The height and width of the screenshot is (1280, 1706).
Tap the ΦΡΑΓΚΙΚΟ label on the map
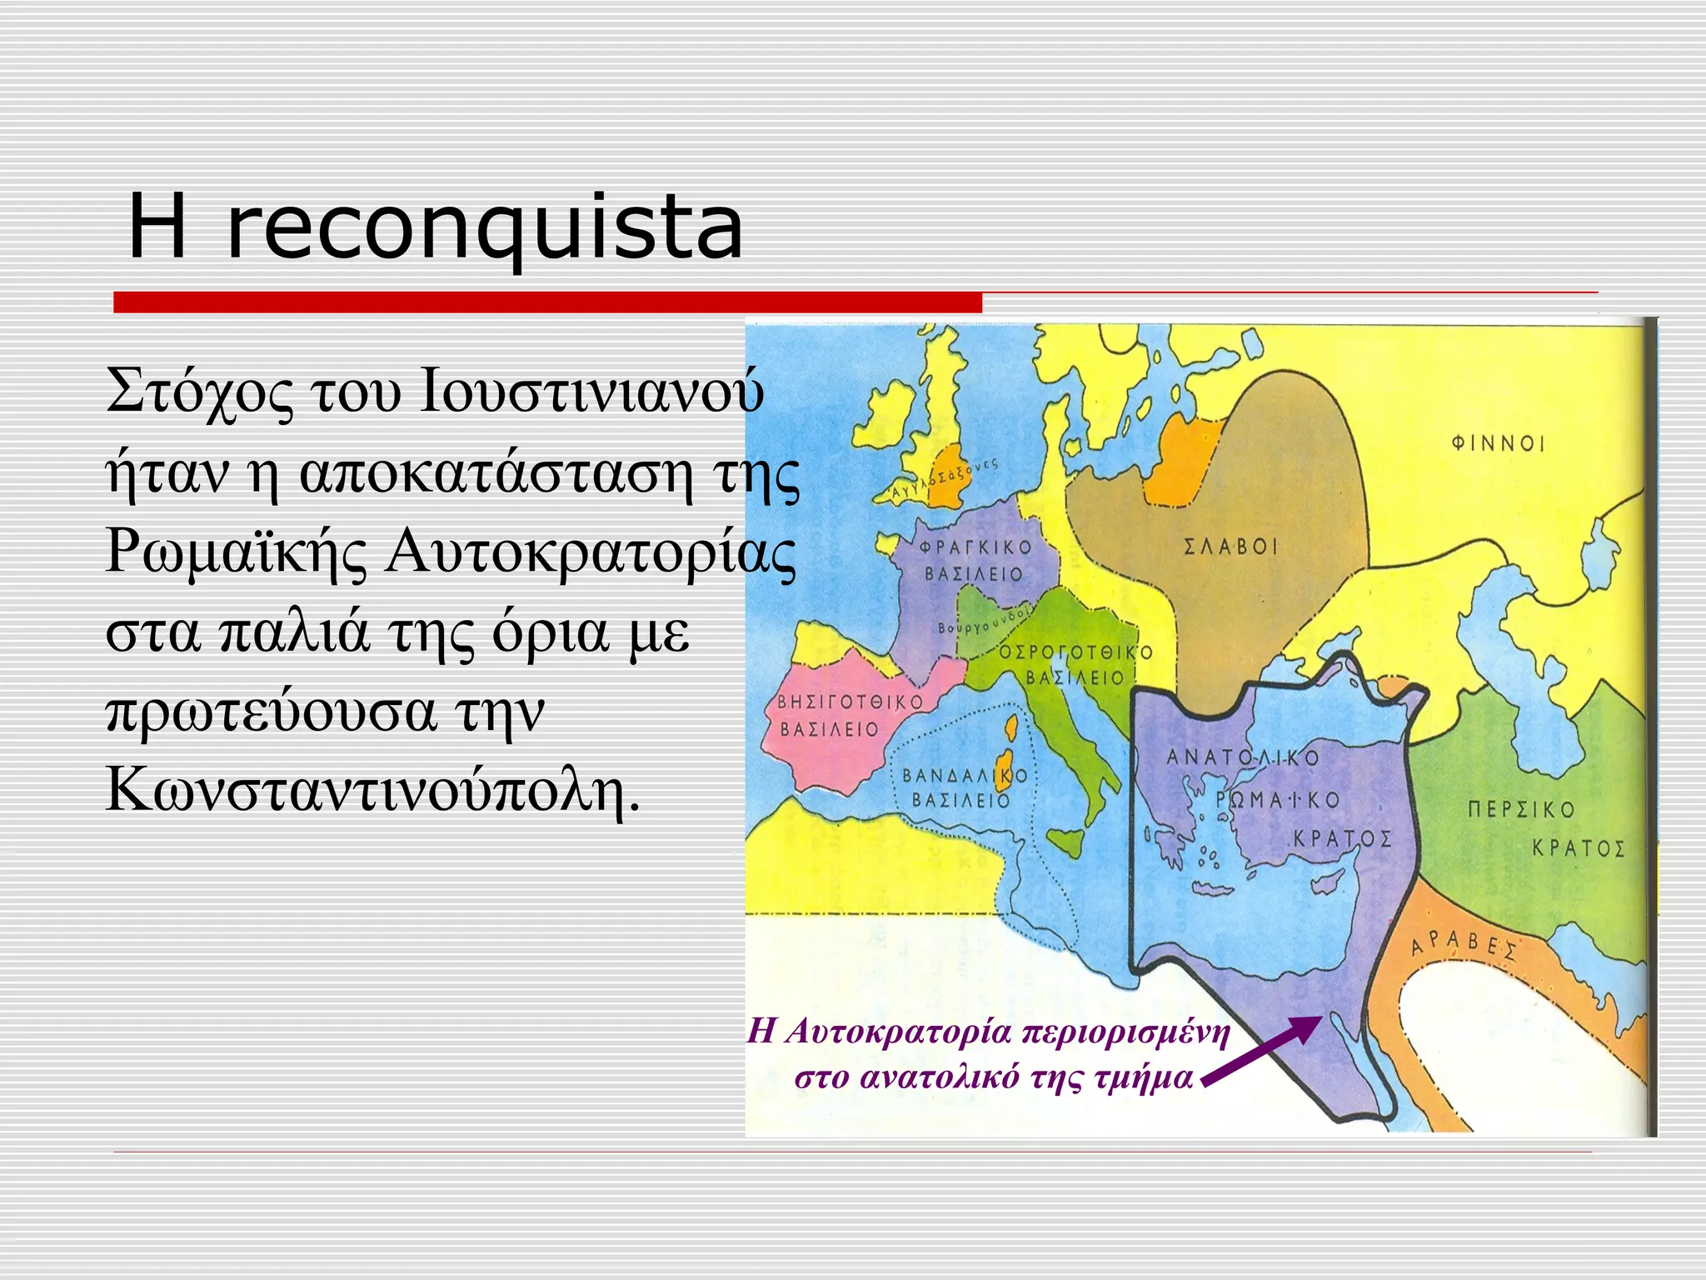[975, 547]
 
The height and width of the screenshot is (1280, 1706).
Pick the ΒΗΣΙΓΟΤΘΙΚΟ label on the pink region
[850, 702]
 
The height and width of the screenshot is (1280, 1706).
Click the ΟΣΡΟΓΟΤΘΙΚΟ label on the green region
[1075, 652]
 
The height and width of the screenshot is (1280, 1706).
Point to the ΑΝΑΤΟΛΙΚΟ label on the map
[1243, 757]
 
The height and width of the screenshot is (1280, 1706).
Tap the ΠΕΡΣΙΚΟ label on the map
[1521, 809]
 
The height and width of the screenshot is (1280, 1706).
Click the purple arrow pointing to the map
[1262, 1050]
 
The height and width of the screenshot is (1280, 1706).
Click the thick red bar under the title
[547, 302]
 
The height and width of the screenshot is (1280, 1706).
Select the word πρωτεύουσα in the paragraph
[272, 710]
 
